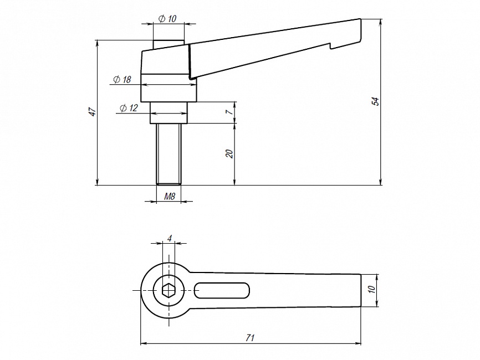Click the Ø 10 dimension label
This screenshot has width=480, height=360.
167,18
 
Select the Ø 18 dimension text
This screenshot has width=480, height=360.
121,80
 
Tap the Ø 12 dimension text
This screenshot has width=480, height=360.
128,108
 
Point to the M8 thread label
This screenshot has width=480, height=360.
170,196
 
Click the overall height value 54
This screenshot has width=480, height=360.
375,101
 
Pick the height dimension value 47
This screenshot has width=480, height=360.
93,112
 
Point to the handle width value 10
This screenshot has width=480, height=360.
372,289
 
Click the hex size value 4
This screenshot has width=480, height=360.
170,238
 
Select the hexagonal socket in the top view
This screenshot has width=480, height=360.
168,290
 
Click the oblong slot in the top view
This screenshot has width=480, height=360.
222,290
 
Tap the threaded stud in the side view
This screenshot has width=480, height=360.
168,153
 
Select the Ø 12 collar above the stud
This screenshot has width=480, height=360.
168,113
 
